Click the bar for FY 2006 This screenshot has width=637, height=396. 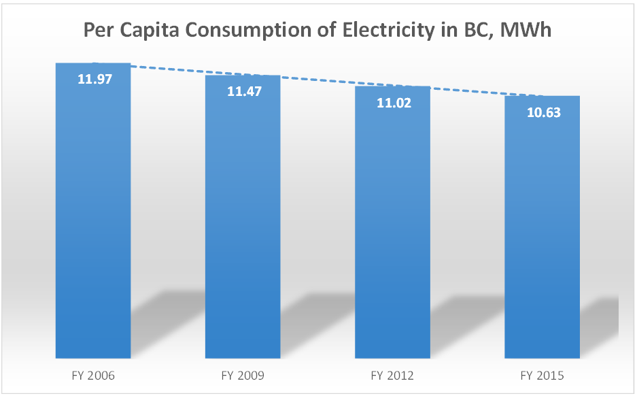pyautogui.click(x=93, y=218)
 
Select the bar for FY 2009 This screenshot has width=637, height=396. pyautogui.click(x=243, y=225)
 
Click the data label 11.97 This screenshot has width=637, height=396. pyautogui.click(x=94, y=78)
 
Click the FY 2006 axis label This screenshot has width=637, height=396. pyautogui.click(x=93, y=376)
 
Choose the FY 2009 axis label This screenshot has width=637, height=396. pyautogui.click(x=243, y=376)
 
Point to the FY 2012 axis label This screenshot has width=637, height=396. pyautogui.click(x=392, y=376)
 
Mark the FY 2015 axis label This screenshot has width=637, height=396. pyautogui.click(x=542, y=376)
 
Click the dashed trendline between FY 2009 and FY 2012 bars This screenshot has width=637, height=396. pyautogui.click(x=317, y=82)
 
